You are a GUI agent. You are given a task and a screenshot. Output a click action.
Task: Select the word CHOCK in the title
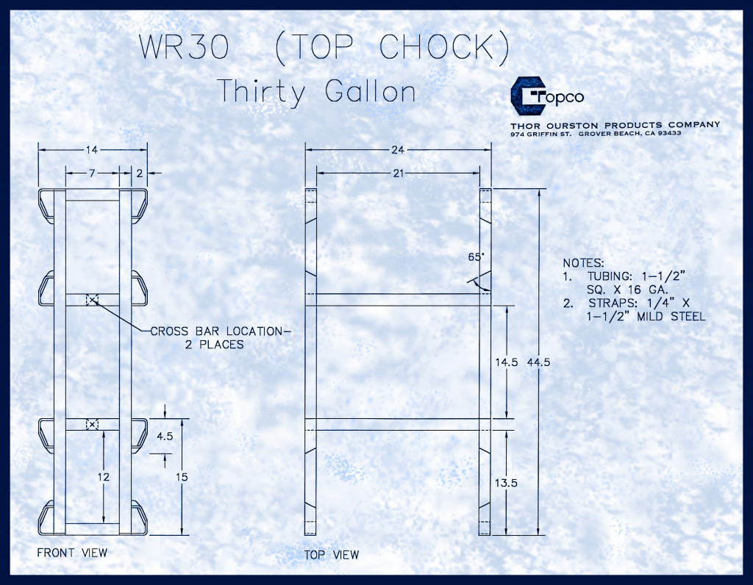coord(444,46)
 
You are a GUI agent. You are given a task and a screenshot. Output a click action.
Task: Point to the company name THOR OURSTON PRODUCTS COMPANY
coord(615,125)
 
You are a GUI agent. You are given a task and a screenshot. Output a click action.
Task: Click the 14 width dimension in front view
coord(92,150)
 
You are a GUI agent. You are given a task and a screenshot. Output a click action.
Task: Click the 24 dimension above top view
coord(398,150)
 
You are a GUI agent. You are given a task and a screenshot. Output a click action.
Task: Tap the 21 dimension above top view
coord(398,173)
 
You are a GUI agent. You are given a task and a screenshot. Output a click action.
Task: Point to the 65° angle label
coord(477,257)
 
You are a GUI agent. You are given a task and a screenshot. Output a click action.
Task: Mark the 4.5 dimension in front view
coord(165,435)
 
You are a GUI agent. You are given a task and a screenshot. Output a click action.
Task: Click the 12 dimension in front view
coord(104,477)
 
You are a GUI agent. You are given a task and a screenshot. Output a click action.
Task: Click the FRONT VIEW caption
coord(72,553)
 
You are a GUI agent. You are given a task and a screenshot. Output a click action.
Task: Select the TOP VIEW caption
coord(332,555)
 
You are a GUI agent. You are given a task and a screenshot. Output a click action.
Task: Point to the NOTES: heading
coord(583,262)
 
